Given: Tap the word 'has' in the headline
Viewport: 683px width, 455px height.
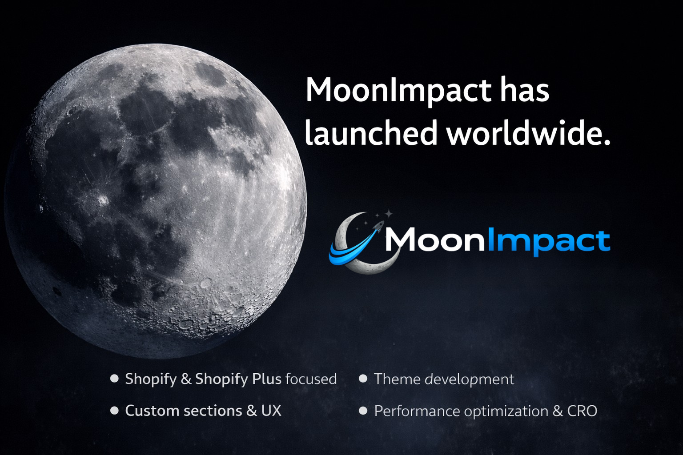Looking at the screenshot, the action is click(524, 90).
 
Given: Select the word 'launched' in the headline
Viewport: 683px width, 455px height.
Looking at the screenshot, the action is click(371, 132).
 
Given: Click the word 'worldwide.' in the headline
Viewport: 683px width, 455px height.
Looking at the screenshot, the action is click(529, 132).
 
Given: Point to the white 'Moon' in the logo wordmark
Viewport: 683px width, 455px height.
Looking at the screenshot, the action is click(435, 239).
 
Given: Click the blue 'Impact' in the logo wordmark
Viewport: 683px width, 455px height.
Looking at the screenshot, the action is click(549, 242).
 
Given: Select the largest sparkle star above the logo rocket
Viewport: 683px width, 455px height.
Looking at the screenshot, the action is click(389, 214).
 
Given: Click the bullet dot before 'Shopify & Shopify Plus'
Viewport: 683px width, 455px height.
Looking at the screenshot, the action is click(114, 379).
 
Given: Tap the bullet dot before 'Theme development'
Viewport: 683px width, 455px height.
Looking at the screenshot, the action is click(363, 379).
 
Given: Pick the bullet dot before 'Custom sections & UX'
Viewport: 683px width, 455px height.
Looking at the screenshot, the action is click(114, 411).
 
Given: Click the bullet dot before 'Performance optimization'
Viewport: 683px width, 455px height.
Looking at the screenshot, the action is click(363, 411).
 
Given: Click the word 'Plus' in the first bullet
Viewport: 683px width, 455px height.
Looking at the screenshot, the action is click(266, 379).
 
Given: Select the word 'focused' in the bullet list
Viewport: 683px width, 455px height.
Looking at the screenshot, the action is click(311, 379).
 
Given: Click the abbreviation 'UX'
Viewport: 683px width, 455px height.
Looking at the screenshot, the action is click(271, 411).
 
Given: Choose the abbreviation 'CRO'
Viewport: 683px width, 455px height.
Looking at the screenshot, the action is click(582, 411).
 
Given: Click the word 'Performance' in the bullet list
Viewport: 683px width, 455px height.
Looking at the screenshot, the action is click(417, 411).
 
